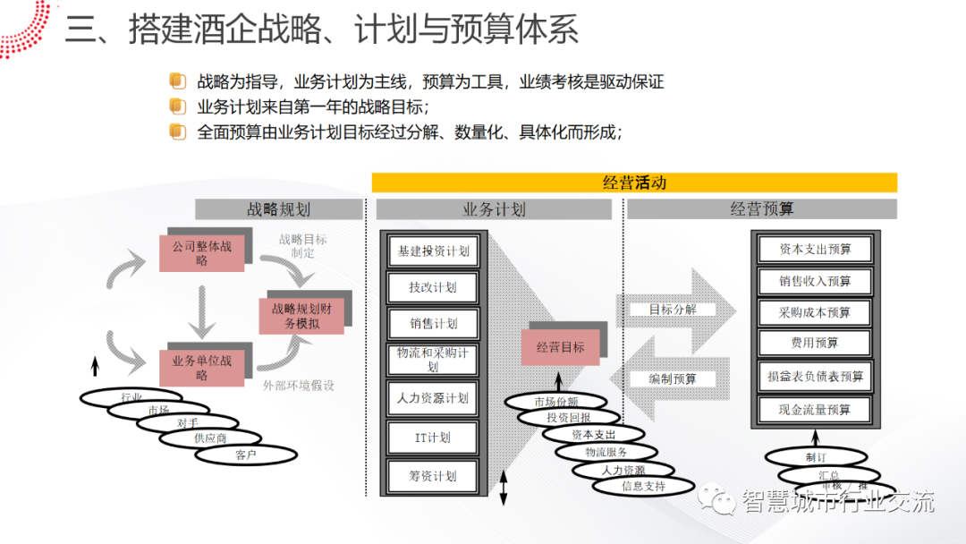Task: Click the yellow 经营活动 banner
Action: click(634, 183)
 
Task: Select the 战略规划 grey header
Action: click(278, 209)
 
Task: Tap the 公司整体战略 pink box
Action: click(201, 253)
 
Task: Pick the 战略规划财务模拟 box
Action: click(301, 316)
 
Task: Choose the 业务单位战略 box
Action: click(201, 368)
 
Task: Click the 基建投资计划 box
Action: click(433, 251)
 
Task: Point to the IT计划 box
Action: click(433, 438)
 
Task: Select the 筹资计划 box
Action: click(433, 476)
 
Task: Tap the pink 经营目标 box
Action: click(561, 346)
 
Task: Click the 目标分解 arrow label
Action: click(673, 310)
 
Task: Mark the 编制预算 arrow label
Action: click(673, 378)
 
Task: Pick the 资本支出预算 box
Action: click(815, 250)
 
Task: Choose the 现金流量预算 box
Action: click(815, 410)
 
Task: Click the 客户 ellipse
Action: click(246, 455)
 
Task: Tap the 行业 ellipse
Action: click(131, 396)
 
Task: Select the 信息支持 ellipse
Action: click(644, 487)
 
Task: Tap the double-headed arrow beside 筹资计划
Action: click(503, 487)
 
